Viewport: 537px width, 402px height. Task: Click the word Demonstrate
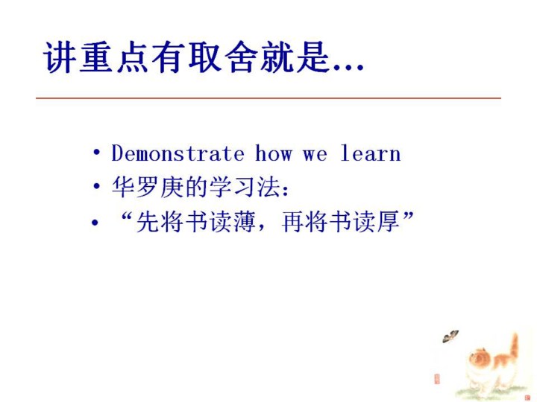pos(178,153)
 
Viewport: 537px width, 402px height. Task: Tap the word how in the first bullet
pos(274,153)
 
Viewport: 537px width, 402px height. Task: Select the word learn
pos(371,153)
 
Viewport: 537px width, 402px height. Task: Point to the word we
pos(315,155)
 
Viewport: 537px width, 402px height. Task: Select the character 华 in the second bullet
pos(122,187)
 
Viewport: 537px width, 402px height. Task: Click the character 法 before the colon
pos(268,187)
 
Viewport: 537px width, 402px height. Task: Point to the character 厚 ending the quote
pos(389,222)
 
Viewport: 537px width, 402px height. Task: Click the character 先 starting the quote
pos(147,222)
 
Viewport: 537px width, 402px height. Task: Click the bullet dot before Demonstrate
pos(97,153)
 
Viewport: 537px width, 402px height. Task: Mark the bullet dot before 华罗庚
pos(97,187)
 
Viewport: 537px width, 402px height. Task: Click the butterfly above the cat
pos(450,336)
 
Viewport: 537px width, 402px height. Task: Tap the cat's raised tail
pos(514,346)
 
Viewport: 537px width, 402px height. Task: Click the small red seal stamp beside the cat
pos(436,379)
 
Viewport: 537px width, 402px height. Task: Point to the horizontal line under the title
pos(268,98)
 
